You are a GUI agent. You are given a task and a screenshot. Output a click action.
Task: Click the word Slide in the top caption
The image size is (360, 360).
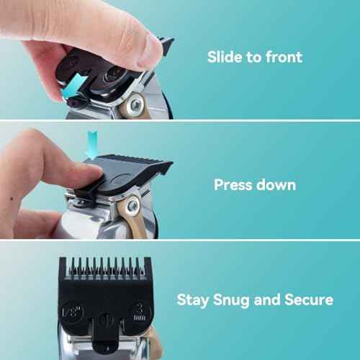coord(225,56)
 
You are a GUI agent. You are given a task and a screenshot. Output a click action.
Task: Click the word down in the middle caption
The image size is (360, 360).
coord(275,184)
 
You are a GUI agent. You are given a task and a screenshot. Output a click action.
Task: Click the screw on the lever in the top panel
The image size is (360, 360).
coord(134,107)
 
